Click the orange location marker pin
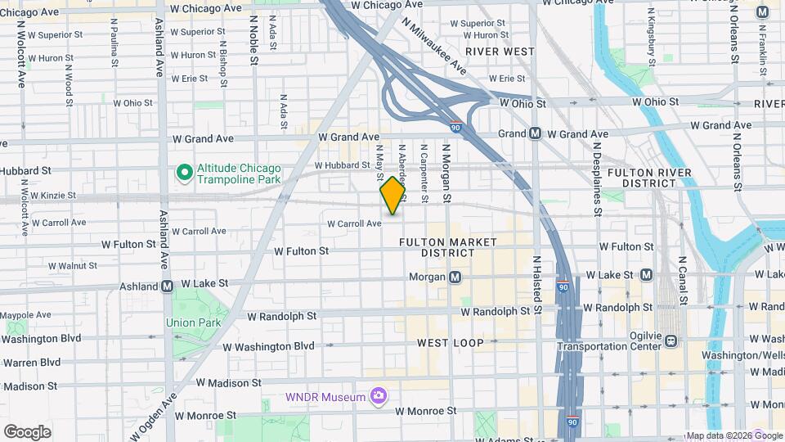coord(392,196)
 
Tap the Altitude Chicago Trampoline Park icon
coord(185,173)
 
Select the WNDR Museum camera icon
coord(378,397)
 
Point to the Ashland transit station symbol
coord(167,286)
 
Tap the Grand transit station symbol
coord(536,133)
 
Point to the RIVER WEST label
coord(500,51)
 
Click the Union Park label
coord(193,322)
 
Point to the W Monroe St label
coord(426,410)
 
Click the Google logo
coord(27,431)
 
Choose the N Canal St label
coord(682,277)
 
